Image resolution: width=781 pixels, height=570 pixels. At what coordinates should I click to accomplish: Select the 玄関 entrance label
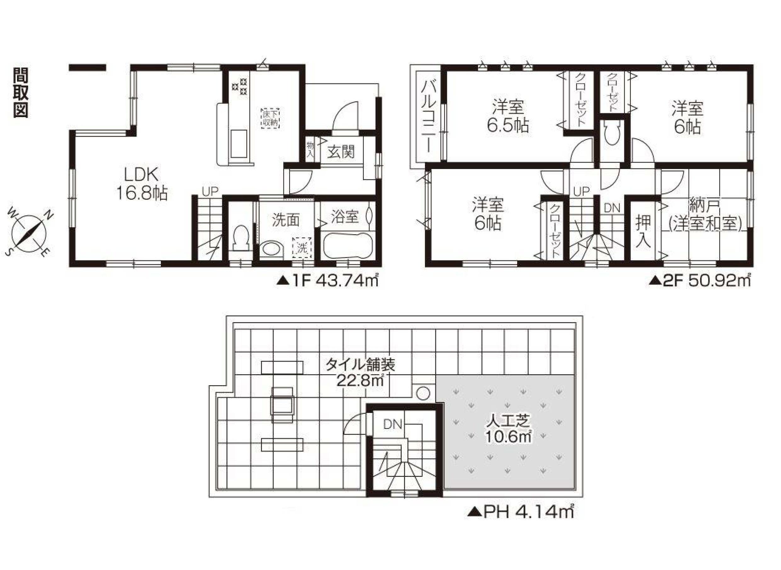coord(341,151)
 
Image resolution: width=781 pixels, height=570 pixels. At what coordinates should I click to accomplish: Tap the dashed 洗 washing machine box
coord(302,247)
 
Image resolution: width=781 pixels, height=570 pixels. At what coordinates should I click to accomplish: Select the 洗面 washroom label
coord(286,221)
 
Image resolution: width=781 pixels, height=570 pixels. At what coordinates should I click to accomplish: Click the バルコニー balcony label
coord(428,116)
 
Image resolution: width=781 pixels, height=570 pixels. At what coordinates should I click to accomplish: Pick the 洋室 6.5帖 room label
coord(508,116)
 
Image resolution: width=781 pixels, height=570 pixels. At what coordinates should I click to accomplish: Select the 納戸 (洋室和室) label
coord(705,215)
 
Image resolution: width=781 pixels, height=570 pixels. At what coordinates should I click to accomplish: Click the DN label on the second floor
coord(612,208)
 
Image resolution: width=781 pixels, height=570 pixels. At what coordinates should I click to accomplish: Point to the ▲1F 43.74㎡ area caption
coord(327,281)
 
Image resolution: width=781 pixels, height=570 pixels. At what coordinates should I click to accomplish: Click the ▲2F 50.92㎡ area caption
coord(700,281)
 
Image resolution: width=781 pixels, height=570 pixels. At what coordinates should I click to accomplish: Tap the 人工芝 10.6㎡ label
coord(509,429)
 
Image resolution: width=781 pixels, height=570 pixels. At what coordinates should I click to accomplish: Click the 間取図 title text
coord(21,93)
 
